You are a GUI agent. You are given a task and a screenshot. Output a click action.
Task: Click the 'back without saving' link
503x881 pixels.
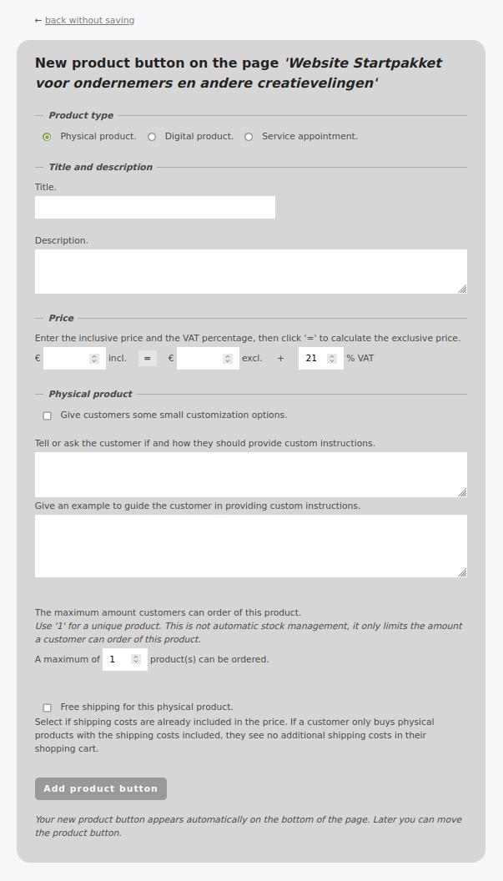tap(89, 20)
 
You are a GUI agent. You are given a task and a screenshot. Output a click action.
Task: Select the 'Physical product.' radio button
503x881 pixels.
tap(47, 137)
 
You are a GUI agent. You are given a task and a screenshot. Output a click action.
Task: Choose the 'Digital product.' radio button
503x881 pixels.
tap(152, 137)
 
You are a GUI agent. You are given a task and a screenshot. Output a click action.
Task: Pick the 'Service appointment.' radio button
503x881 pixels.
tap(249, 137)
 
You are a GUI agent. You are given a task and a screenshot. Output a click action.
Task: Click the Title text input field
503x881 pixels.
tap(155, 208)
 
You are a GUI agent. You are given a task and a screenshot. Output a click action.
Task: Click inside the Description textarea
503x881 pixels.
tap(250, 271)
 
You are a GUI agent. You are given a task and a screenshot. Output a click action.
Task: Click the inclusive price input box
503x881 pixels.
tap(67, 358)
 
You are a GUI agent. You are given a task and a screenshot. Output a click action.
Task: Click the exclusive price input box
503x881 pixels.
tap(200, 358)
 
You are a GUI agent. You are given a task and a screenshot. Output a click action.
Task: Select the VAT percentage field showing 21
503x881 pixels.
tap(313, 358)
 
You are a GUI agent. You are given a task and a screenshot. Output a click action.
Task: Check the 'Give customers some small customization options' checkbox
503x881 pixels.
tap(47, 415)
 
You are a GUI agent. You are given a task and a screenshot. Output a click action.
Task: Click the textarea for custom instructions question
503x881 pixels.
tap(250, 475)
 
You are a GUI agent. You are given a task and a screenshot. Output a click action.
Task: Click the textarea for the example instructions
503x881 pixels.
tap(250, 546)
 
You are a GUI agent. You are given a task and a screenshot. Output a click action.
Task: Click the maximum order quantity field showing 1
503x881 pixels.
tap(118, 659)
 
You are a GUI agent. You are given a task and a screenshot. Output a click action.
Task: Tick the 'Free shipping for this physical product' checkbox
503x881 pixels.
tap(47, 707)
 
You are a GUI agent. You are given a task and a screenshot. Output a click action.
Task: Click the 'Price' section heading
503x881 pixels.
tap(61, 318)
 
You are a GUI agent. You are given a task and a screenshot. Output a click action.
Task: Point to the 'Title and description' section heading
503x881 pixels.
tap(100, 167)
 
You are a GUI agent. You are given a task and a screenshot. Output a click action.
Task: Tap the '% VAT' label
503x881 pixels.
tap(360, 358)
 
